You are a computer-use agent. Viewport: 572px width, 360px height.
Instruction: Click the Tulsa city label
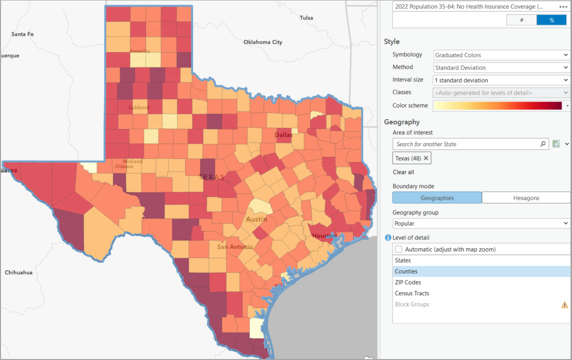(x=306, y=18)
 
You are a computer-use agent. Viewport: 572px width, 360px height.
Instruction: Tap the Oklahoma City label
(x=263, y=42)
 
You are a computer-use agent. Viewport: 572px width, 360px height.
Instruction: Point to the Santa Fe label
(x=23, y=34)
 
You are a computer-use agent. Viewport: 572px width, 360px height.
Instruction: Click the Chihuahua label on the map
(x=19, y=272)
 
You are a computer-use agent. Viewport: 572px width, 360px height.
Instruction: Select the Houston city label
(x=324, y=236)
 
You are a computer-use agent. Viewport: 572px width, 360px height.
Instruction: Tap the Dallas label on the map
(x=283, y=135)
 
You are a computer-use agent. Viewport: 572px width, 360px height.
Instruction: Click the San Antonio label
(x=235, y=247)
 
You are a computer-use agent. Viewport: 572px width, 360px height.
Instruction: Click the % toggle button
(x=551, y=20)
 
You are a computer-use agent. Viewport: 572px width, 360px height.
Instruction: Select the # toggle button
(x=522, y=20)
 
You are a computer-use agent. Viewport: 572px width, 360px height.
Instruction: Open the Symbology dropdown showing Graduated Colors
(x=501, y=55)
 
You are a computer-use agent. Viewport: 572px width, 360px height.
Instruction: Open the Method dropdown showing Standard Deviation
(x=501, y=68)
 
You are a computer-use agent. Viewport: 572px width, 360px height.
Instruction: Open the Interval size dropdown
(x=501, y=80)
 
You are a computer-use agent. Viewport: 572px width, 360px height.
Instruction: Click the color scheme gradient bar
(x=498, y=105)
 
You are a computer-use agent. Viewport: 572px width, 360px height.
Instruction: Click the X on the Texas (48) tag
(x=426, y=158)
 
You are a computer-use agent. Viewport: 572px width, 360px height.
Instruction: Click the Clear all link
(x=403, y=172)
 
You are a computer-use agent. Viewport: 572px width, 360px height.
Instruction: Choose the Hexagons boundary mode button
(x=526, y=198)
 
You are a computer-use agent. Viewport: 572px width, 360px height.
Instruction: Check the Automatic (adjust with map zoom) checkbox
(x=399, y=249)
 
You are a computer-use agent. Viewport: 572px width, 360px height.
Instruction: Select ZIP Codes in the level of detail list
(x=408, y=283)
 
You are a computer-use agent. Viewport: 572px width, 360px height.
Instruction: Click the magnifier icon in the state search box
(x=543, y=144)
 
